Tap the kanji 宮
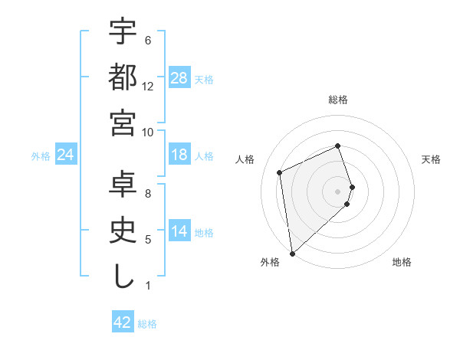[123, 123]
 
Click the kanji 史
[123, 231]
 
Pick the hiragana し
[123, 277]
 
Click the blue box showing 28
[179, 78]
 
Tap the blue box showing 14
[179, 232]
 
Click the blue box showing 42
[123, 322]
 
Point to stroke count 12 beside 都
[148, 86]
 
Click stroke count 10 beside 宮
[148, 132]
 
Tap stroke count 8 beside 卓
[148, 194]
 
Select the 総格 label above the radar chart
[337, 100]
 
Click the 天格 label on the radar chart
[431, 159]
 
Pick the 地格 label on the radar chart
[402, 262]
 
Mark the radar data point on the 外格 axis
[292, 253]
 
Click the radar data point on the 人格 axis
[280, 172]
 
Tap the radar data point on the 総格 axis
[337, 146]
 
